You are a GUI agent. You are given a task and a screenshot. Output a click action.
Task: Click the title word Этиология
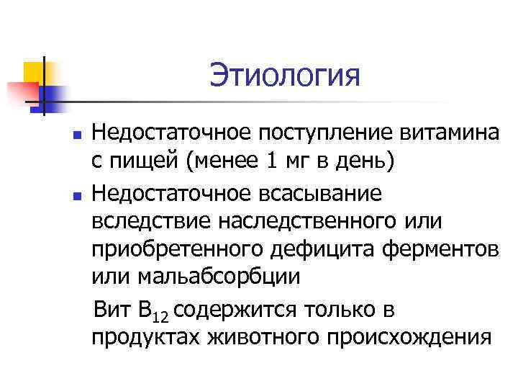pyautogui.click(x=284, y=75)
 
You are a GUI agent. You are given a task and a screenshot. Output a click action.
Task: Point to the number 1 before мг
pyautogui.click(x=271, y=162)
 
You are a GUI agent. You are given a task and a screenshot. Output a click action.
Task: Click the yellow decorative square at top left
pyautogui.click(x=35, y=72)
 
